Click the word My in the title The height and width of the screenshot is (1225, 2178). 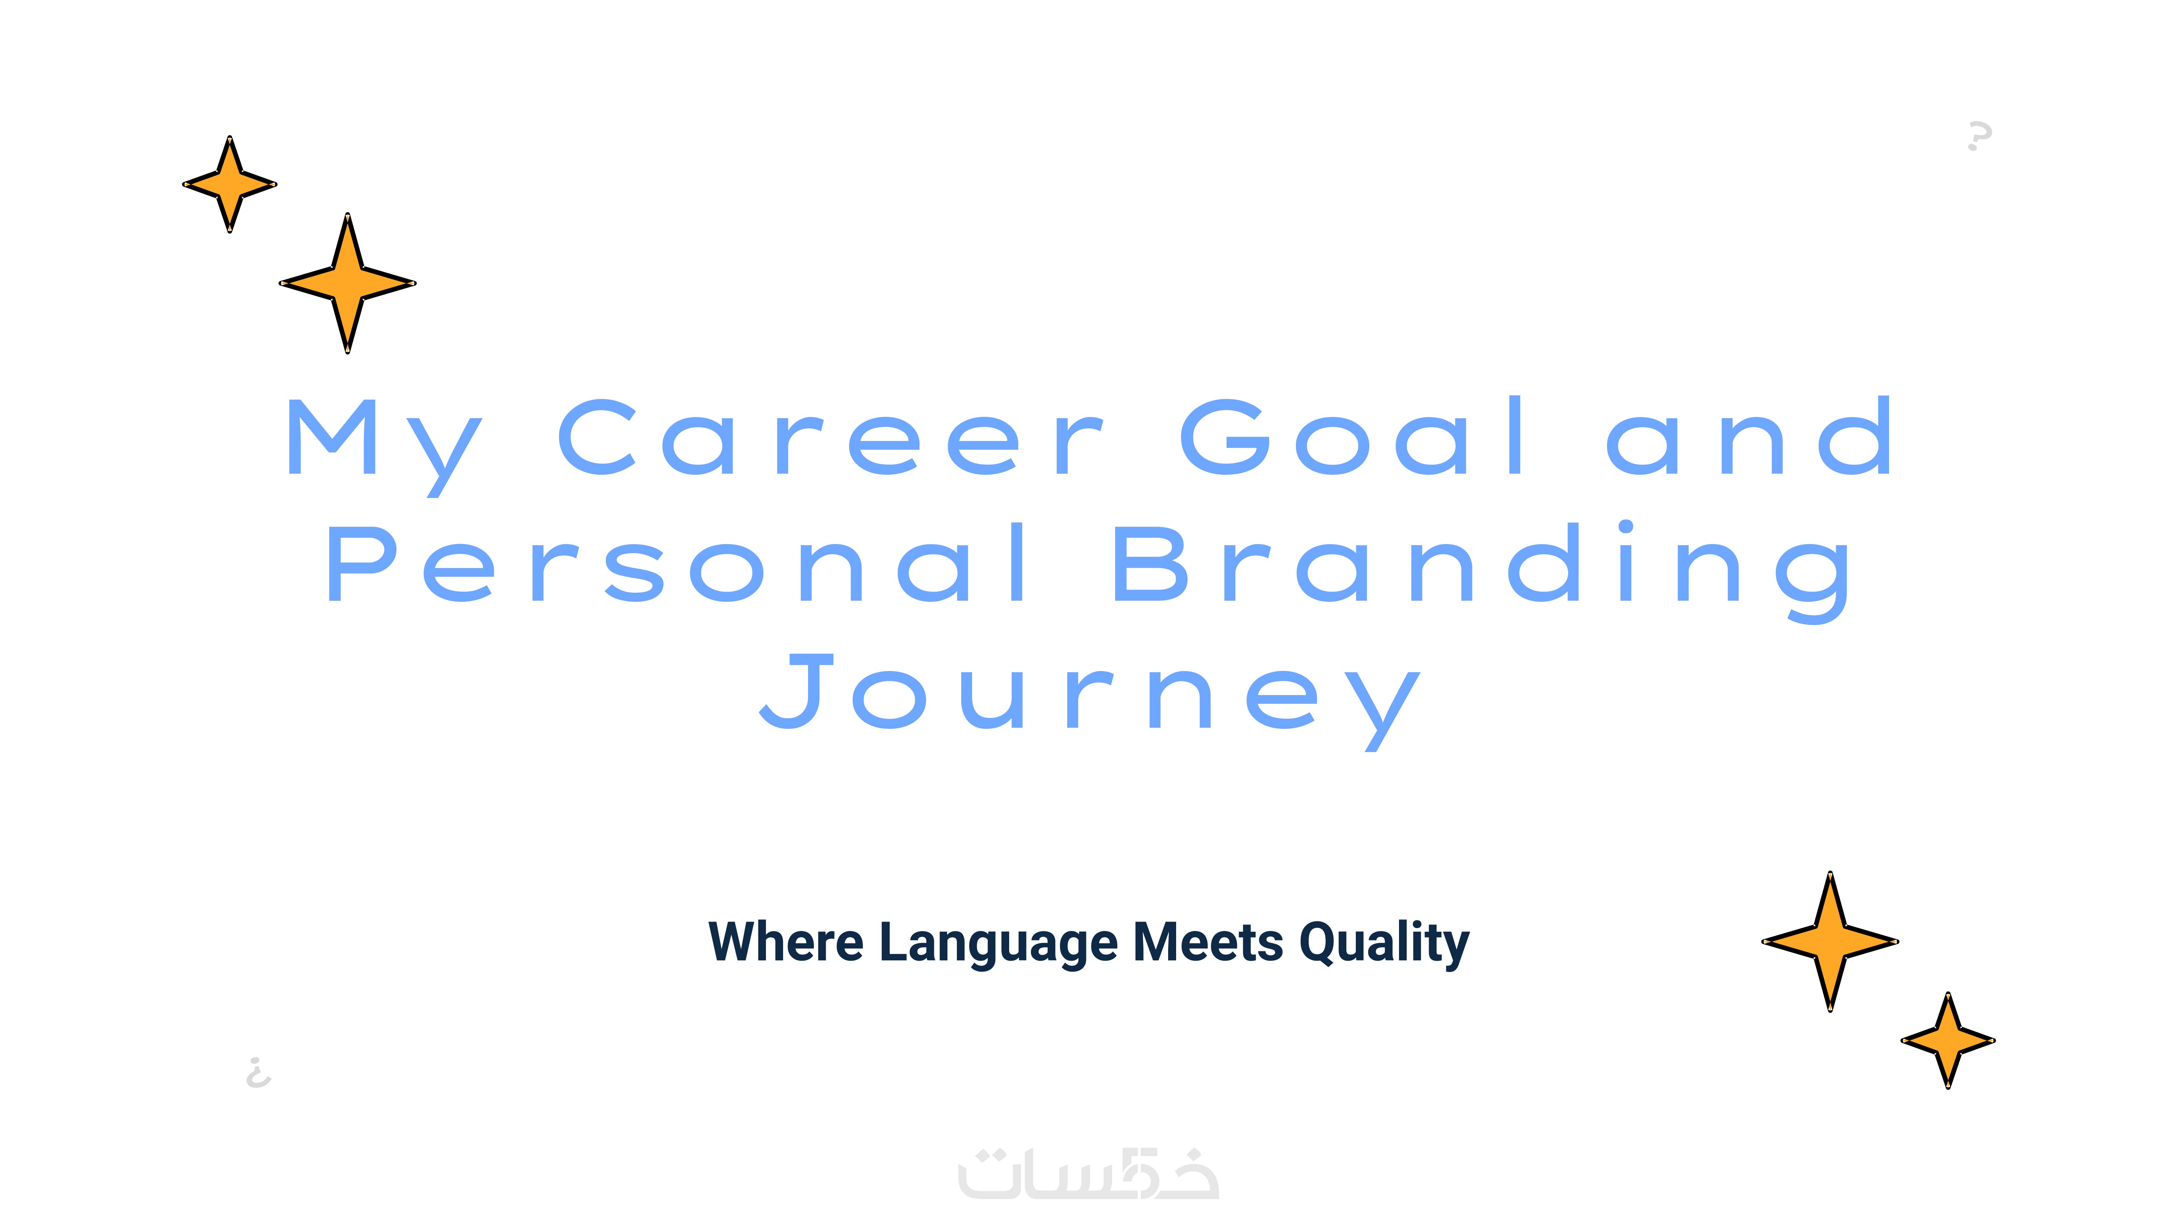[385, 446]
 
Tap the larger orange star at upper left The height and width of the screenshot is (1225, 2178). [347, 283]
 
